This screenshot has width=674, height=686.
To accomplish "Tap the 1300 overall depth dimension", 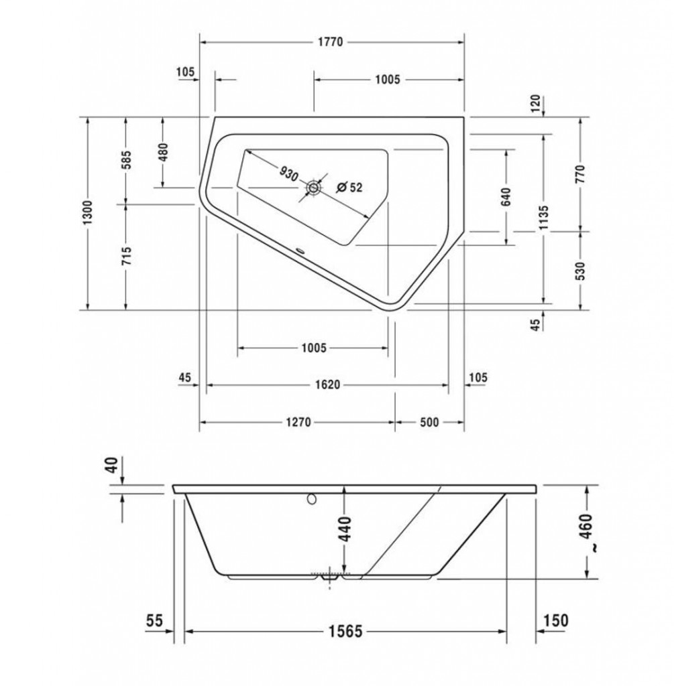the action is click(88, 213).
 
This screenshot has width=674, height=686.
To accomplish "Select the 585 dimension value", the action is click(125, 160).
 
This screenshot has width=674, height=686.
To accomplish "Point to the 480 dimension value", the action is click(162, 152).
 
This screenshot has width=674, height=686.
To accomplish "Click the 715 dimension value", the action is click(125, 256).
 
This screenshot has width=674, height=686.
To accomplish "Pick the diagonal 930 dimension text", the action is click(288, 174).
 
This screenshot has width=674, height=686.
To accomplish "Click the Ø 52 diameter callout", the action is click(349, 188).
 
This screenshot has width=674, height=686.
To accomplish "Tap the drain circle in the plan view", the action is click(314, 188).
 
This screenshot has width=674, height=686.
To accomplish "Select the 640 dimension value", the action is click(506, 197).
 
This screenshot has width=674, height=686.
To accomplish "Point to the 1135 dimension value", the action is click(543, 218).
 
